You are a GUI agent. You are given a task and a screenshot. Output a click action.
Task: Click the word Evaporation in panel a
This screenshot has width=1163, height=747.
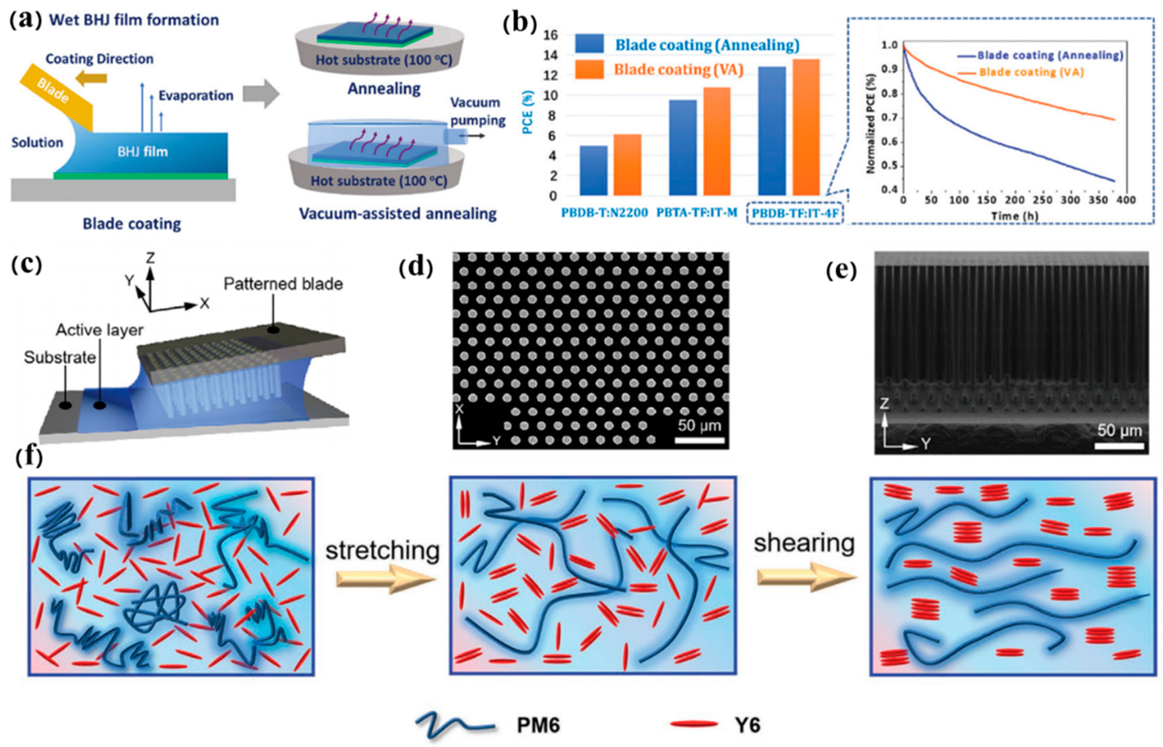click(x=196, y=96)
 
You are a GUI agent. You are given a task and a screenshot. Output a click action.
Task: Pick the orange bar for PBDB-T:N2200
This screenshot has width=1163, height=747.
click(x=627, y=165)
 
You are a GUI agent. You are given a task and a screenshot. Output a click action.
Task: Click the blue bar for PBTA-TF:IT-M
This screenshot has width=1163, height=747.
click(x=682, y=147)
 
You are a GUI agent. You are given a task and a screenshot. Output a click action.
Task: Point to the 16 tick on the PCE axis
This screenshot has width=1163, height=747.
click(x=552, y=35)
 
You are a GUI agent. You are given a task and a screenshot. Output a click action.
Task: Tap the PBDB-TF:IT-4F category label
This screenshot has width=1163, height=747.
click(x=795, y=213)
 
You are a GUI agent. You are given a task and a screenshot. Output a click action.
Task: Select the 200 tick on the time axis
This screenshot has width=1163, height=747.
click(x=1014, y=200)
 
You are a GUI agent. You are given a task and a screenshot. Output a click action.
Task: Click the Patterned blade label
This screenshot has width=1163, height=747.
click(x=283, y=284)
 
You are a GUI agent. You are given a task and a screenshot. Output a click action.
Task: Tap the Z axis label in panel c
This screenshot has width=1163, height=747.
click(x=150, y=258)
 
